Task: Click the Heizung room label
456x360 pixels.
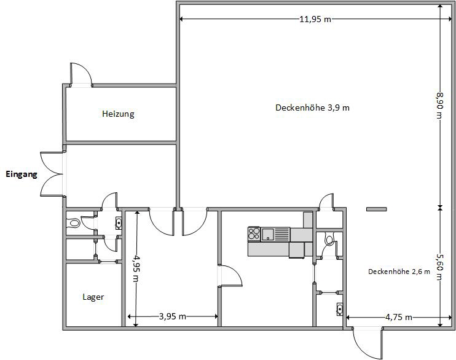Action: (118, 114)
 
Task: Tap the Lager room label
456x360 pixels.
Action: (93, 297)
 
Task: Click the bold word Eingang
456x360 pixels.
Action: (22, 174)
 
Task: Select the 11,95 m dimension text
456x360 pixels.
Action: (315, 19)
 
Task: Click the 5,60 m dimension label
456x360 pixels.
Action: (439, 267)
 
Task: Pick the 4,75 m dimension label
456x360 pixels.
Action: (399, 317)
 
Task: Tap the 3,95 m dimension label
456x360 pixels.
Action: (173, 316)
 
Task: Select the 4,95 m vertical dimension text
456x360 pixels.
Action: (136, 268)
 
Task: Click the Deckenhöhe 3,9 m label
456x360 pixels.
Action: (312, 108)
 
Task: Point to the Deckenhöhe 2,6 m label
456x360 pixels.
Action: (399, 272)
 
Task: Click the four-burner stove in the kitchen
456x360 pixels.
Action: (254, 233)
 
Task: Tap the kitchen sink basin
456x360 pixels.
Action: (268, 234)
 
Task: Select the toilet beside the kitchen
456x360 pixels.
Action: (329, 239)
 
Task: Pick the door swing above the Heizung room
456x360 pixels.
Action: (81, 75)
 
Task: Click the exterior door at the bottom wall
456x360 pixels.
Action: (367, 343)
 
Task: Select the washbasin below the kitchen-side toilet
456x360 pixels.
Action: (339, 309)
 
